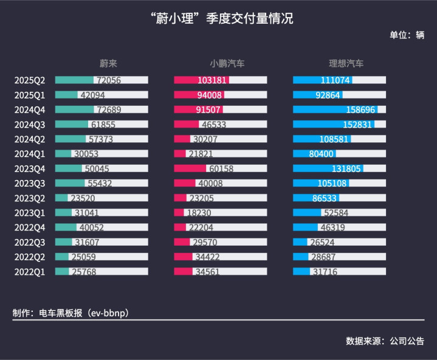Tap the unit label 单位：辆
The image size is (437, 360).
(x=407, y=35)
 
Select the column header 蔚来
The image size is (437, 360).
(x=108, y=63)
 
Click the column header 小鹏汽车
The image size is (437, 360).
(x=227, y=63)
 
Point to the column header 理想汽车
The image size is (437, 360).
(x=346, y=63)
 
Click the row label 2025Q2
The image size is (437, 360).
(x=30, y=80)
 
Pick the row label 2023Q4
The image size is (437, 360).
(x=30, y=168)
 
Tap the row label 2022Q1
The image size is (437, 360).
(x=30, y=271)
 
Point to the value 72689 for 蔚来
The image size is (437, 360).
(x=109, y=109)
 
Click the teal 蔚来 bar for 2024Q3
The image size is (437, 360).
(x=71, y=124)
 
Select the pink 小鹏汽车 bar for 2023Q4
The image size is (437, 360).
(x=190, y=168)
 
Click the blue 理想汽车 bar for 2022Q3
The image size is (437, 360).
(x=300, y=242)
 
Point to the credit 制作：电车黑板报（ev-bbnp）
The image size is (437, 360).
(x=71, y=313)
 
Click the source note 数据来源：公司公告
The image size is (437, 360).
(x=385, y=341)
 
